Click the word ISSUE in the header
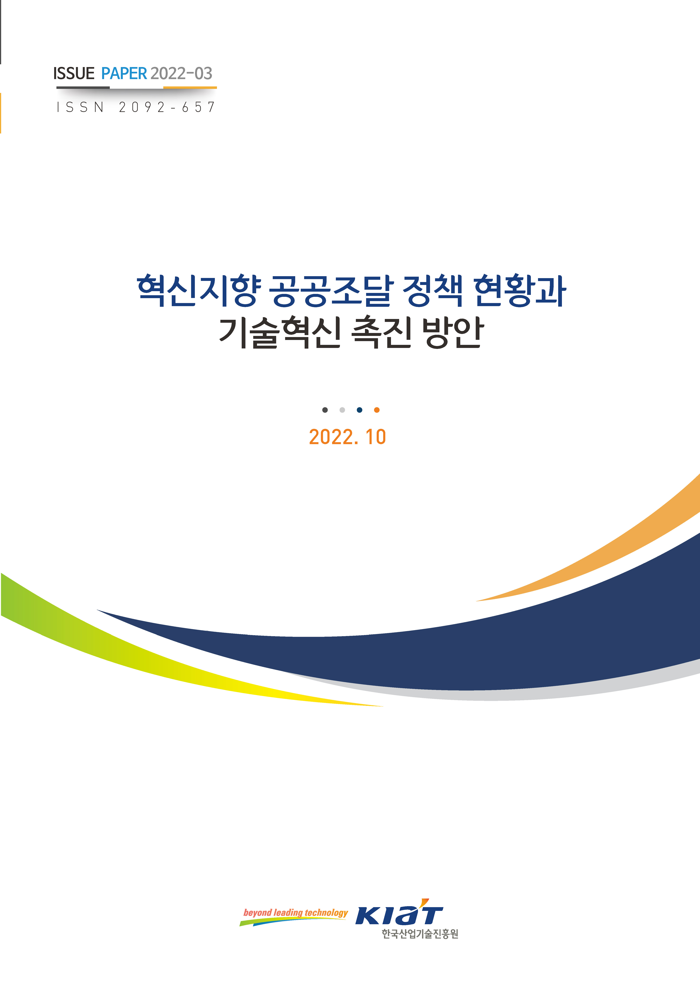(x=74, y=74)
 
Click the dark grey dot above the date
(x=325, y=410)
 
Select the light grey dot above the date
(x=342, y=410)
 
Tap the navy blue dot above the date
(x=359, y=410)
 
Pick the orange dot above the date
(x=377, y=410)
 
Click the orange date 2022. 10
(x=347, y=437)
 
